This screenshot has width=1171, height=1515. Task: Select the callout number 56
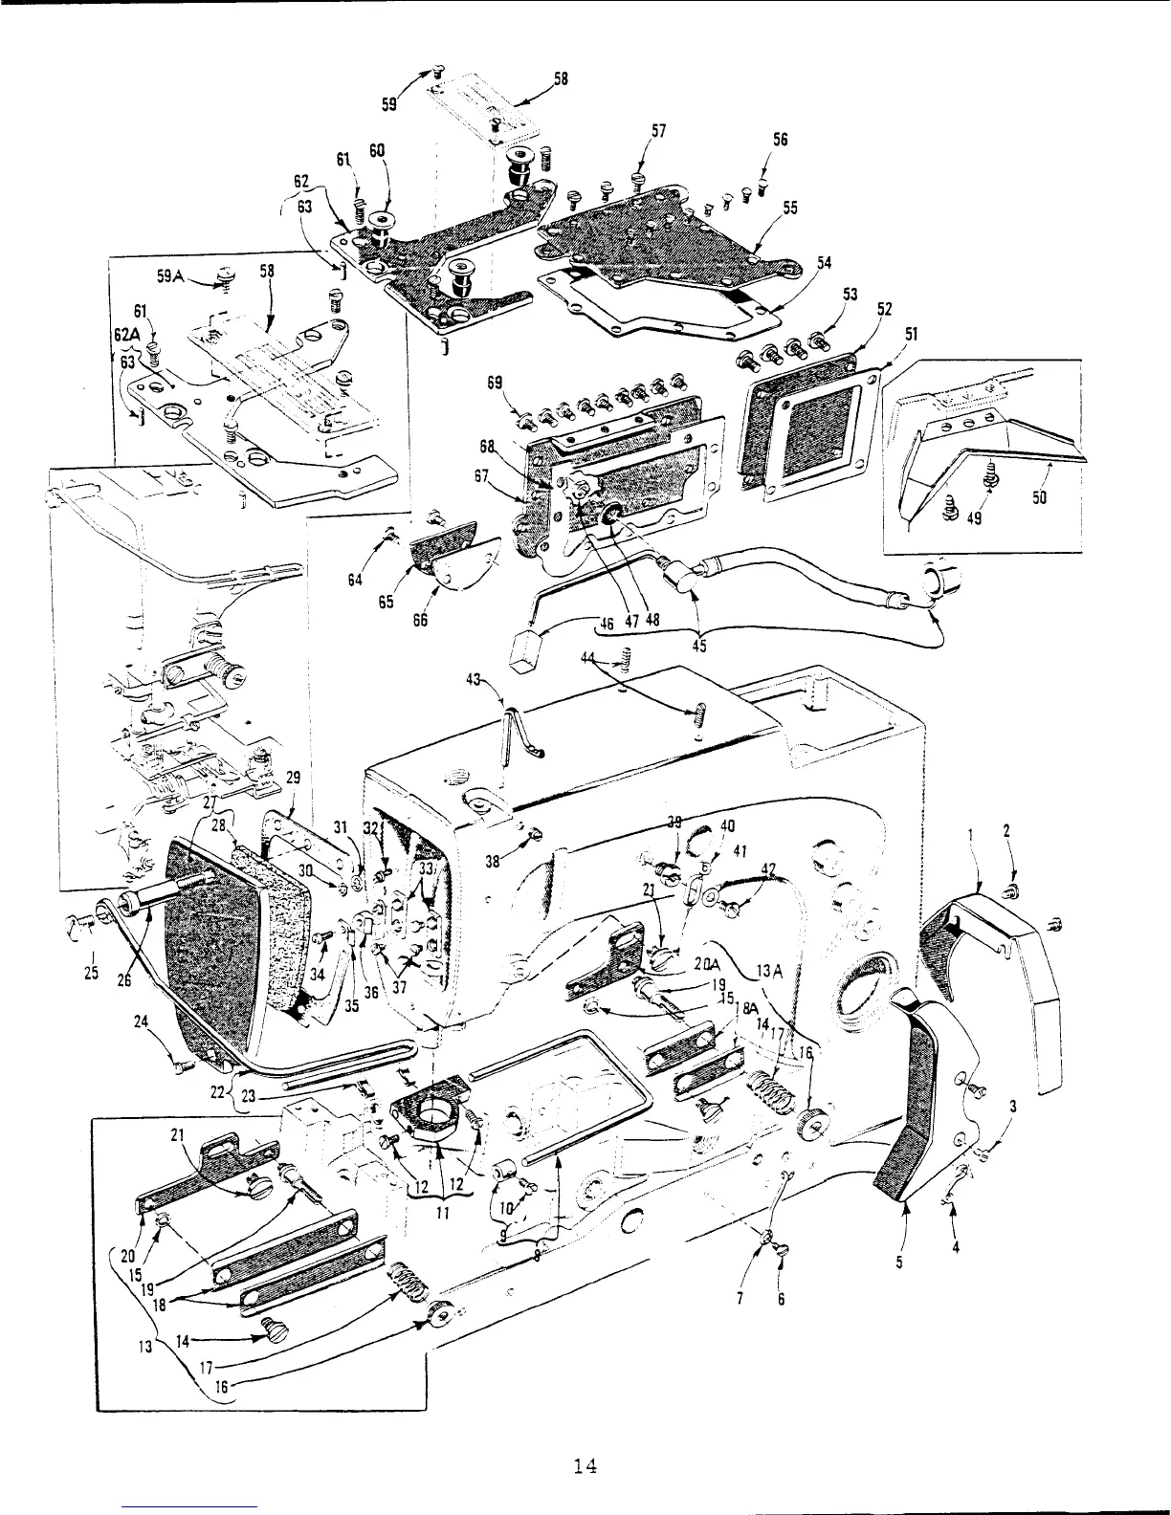(780, 140)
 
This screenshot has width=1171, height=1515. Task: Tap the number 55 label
(790, 208)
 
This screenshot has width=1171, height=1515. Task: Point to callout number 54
(825, 263)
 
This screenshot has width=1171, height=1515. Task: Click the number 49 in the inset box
(974, 519)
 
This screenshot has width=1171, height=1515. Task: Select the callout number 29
(293, 778)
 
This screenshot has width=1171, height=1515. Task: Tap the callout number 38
(492, 861)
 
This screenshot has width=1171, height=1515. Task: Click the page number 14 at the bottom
(585, 1466)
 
